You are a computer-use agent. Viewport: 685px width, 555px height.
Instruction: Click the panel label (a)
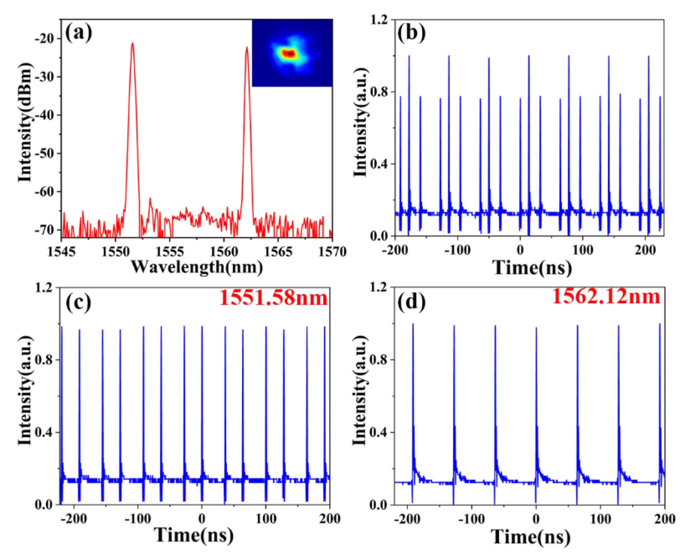click(x=79, y=33)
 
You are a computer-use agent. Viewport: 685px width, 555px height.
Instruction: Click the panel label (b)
click(x=411, y=33)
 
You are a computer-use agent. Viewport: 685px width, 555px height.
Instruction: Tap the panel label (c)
click(x=79, y=302)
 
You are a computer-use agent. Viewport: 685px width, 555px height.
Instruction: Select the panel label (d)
click(x=411, y=302)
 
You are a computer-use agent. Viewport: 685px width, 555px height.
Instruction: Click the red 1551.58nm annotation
click(x=273, y=298)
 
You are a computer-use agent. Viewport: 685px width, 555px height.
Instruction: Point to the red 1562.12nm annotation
click(x=606, y=297)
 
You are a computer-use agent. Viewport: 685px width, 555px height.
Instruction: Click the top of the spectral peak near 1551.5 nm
click(x=132, y=44)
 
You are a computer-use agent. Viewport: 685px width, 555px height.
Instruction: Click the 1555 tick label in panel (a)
click(x=170, y=252)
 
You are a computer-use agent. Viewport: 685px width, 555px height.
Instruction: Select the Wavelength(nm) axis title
click(x=197, y=267)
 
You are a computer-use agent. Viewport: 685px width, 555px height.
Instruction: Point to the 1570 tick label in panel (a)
click(x=332, y=252)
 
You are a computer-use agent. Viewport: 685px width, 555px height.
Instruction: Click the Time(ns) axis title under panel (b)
click(x=532, y=268)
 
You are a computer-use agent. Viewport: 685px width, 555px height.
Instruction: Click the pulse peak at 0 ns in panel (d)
click(x=537, y=328)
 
